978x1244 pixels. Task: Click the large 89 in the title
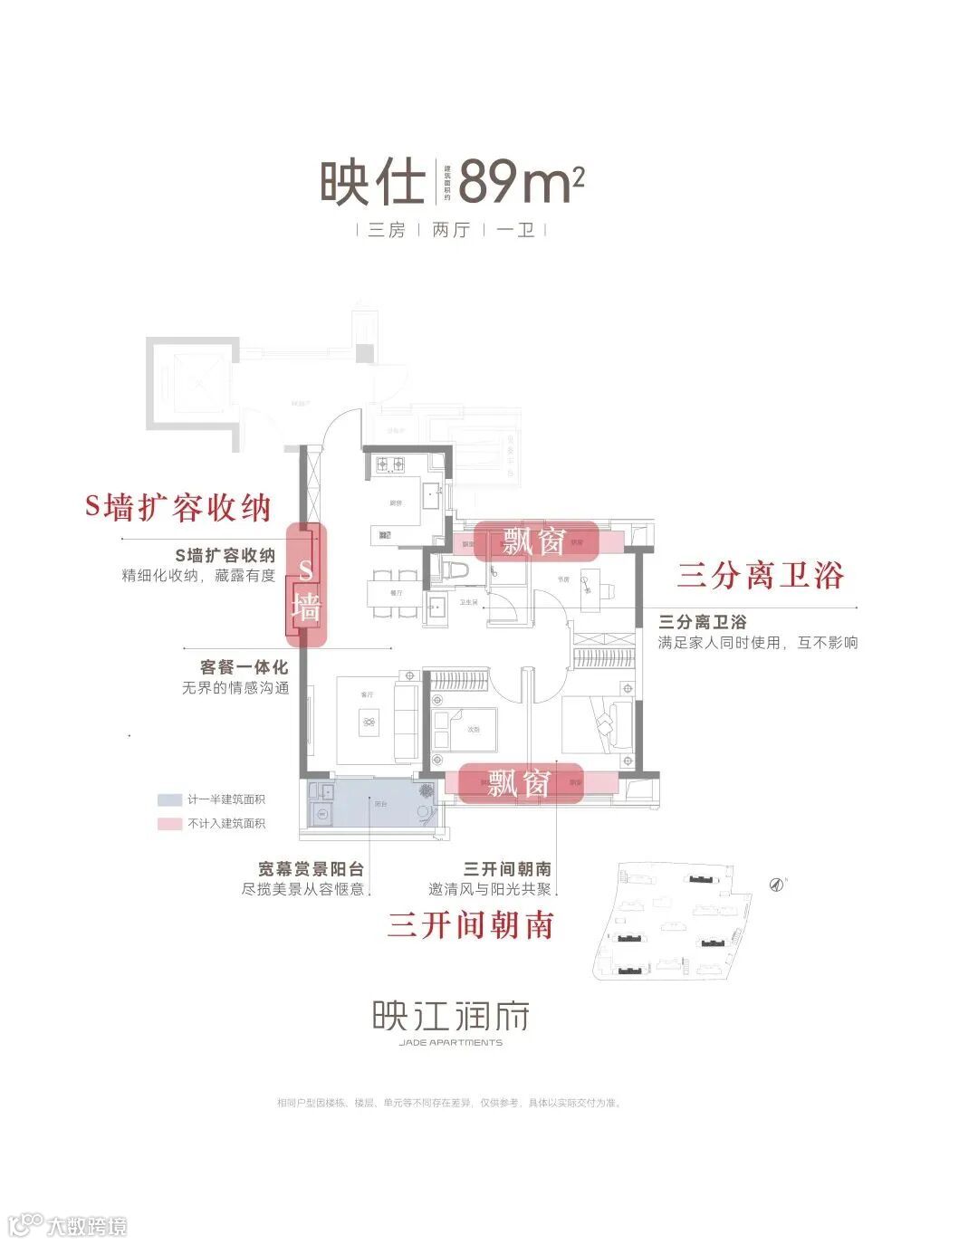(x=490, y=184)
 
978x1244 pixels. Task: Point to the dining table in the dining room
(x=394, y=594)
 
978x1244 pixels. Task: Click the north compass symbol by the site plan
(x=775, y=884)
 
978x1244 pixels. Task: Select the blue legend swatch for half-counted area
(x=169, y=799)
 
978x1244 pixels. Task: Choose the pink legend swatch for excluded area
(x=169, y=824)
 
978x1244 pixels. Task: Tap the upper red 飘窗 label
(x=535, y=541)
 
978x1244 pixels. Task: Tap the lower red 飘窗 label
(x=520, y=782)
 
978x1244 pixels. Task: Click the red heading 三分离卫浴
(x=761, y=576)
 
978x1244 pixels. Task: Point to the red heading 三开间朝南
(x=470, y=924)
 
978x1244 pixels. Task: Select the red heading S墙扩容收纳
(x=178, y=508)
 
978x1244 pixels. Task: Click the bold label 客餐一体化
(x=244, y=667)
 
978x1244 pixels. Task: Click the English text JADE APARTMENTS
(x=450, y=1042)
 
